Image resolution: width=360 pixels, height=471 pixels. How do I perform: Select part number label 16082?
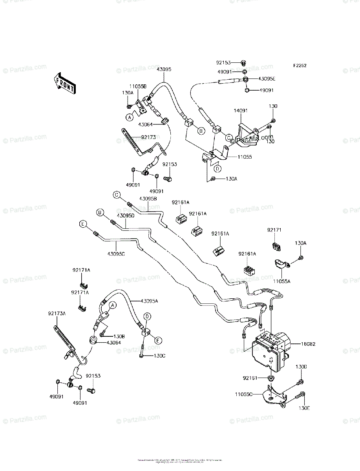point(308,344)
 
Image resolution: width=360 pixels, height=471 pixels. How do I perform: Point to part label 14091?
point(241,111)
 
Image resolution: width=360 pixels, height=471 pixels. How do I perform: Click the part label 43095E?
point(267,79)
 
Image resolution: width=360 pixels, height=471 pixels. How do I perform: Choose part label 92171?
point(275,230)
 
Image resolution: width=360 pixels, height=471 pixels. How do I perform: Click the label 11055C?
point(255,394)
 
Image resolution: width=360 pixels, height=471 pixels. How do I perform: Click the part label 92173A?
point(57,313)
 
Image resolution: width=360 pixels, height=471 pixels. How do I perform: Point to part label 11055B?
point(138,86)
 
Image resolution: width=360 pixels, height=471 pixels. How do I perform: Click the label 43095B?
point(148,199)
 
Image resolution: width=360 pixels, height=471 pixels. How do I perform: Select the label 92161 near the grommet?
point(250,378)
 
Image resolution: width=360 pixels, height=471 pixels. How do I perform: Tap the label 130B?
point(119,337)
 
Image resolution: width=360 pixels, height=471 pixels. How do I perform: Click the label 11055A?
point(282,281)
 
